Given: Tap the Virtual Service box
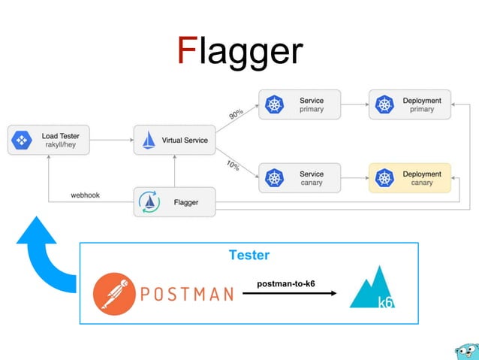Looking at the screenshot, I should coord(175,141).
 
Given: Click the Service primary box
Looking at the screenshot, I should coord(300,104).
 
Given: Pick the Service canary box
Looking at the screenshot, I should coord(300,178).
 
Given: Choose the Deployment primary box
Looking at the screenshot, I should coord(410,104).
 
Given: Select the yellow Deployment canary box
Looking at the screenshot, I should coord(410,178).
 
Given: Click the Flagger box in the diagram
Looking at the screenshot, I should coord(175,202).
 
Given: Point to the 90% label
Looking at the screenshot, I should coord(236,113).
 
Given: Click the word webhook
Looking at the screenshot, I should coord(85,195).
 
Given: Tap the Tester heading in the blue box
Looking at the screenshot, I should coord(249,256).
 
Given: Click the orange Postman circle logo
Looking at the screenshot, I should coord(115,293).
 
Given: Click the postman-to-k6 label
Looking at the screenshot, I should coord(286,283).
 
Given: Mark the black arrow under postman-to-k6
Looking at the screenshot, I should coord(289,293).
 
